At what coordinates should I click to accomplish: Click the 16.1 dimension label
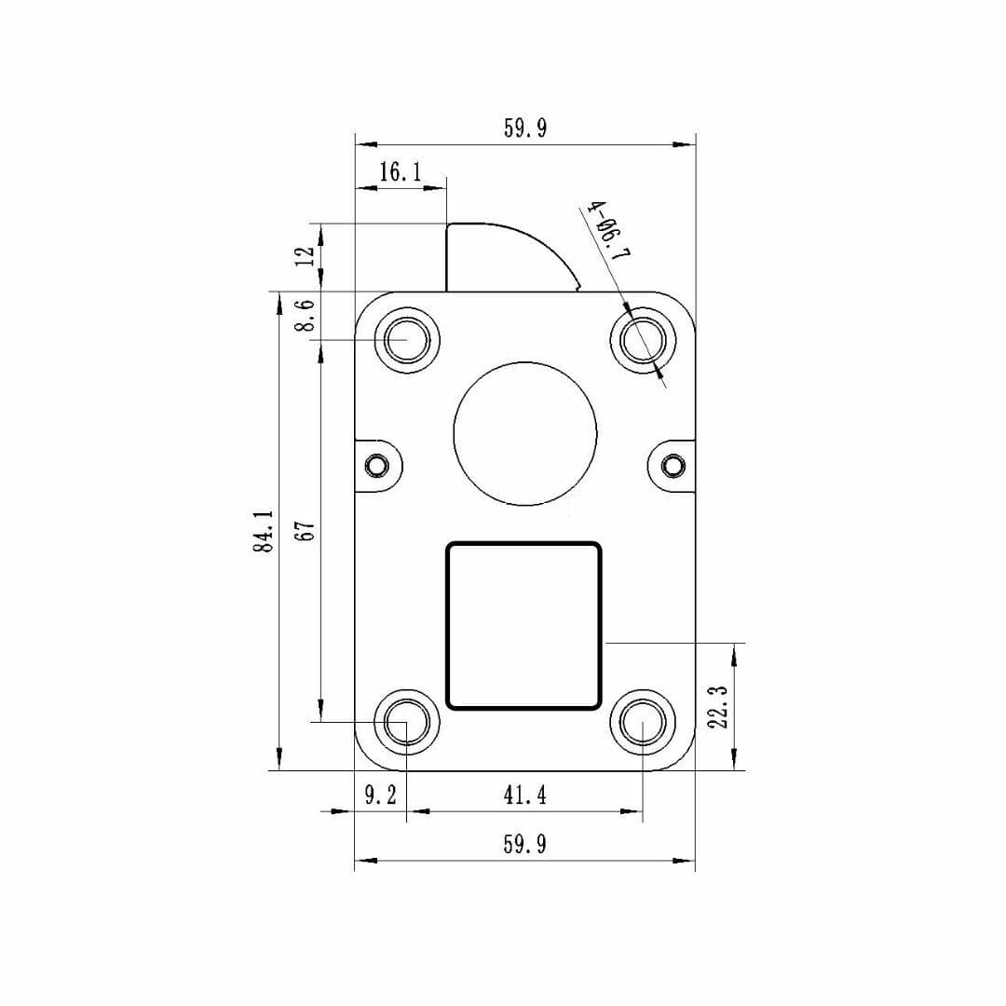[x=401, y=171]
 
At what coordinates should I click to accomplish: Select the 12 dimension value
[x=304, y=256]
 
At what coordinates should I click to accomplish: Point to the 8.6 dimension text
[x=304, y=316]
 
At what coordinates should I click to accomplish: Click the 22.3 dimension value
[x=718, y=708]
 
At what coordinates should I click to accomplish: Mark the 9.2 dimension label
[x=380, y=795]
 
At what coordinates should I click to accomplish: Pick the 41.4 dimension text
[x=524, y=795]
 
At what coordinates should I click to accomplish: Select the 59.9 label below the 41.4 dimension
[x=524, y=844]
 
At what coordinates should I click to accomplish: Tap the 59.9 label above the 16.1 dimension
[x=524, y=129]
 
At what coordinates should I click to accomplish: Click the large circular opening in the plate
[x=524, y=432]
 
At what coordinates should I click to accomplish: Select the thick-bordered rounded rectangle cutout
[x=524, y=625]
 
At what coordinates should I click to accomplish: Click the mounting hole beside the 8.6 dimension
[x=407, y=340]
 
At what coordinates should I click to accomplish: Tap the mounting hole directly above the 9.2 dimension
[x=407, y=722]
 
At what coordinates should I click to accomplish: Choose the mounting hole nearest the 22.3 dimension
[x=644, y=722]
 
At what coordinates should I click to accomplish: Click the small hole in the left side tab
[x=376, y=463]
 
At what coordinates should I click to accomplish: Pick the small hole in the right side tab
[x=672, y=463]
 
